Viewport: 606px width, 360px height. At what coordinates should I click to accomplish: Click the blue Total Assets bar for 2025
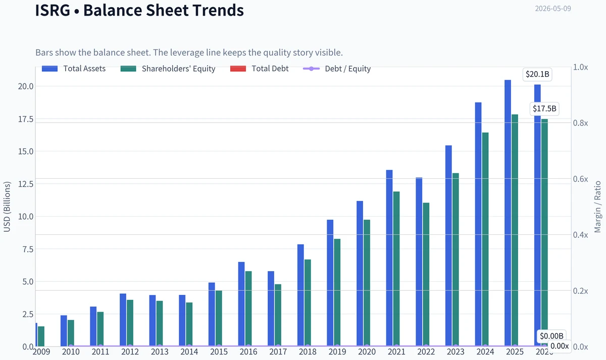tap(508, 213)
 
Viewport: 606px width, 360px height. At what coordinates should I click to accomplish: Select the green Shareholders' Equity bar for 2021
tap(396, 269)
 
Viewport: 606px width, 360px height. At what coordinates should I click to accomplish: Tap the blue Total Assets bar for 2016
tap(241, 304)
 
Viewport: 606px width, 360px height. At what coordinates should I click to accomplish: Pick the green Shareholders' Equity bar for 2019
tap(337, 292)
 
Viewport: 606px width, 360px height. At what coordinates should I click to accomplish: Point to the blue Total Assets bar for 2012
tap(123, 320)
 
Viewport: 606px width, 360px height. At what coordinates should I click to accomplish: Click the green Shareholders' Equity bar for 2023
tap(456, 260)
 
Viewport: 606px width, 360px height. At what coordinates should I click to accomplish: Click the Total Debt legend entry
tap(259, 69)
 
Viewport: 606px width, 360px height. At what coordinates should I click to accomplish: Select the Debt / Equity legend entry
tap(337, 69)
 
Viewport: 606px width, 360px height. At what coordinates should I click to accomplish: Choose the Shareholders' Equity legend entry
tap(168, 69)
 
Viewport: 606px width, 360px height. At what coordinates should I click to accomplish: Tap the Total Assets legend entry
tap(74, 69)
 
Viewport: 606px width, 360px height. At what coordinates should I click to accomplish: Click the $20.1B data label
tap(537, 74)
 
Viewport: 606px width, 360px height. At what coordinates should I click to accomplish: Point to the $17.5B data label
tap(544, 109)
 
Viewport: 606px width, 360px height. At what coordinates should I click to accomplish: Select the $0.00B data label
tap(551, 336)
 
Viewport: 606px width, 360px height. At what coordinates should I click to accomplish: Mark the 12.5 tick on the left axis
tap(26, 184)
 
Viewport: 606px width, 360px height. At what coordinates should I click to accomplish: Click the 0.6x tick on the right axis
tap(580, 179)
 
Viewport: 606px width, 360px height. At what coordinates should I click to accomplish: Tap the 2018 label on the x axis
tap(308, 352)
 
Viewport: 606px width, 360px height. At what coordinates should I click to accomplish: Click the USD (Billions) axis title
tap(7, 207)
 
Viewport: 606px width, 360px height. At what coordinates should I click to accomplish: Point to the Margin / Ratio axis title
tap(597, 207)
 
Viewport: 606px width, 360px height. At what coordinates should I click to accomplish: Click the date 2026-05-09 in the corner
tap(553, 9)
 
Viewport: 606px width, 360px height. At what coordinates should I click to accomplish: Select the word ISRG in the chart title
tap(53, 10)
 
